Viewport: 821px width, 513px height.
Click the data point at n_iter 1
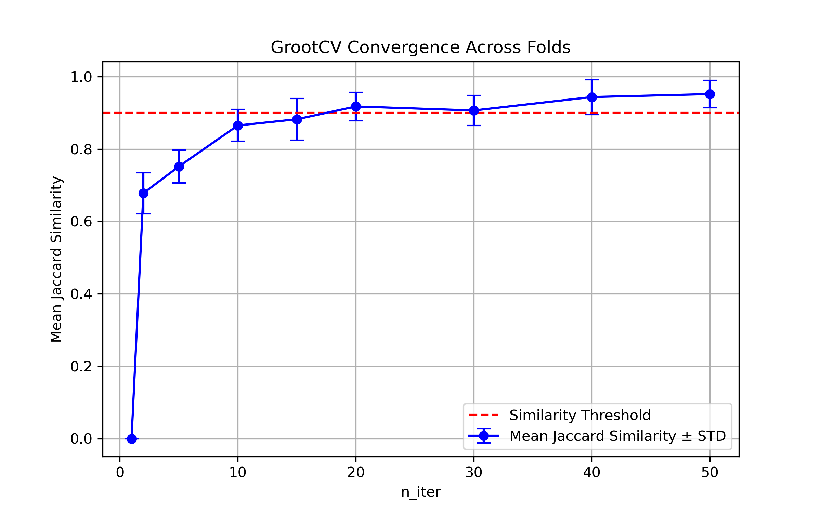(x=132, y=439)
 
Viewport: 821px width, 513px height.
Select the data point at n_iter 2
(x=143, y=194)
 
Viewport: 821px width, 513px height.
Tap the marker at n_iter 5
(x=179, y=167)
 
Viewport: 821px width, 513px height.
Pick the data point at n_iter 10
(x=238, y=126)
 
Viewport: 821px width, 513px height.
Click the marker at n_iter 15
(x=297, y=119)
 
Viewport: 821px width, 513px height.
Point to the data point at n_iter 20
(x=356, y=107)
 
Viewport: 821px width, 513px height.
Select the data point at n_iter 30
(x=474, y=110)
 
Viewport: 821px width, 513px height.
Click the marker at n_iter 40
(x=592, y=97)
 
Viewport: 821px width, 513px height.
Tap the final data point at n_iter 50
(x=710, y=94)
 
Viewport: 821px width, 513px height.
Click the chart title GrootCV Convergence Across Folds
(x=420, y=47)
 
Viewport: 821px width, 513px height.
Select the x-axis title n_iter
(x=421, y=492)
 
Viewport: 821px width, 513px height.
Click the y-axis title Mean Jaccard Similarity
(x=56, y=259)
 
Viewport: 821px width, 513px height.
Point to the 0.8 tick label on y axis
(x=81, y=149)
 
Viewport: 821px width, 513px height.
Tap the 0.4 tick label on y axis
(x=81, y=294)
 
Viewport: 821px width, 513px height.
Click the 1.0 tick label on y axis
(x=81, y=77)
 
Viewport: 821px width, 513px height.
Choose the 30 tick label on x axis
(x=474, y=473)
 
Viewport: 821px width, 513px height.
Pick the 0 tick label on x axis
(x=120, y=473)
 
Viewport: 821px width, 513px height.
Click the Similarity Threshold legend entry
(x=580, y=415)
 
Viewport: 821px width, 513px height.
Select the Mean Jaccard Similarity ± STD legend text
(x=617, y=436)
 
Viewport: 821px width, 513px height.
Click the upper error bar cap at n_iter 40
(x=592, y=80)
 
